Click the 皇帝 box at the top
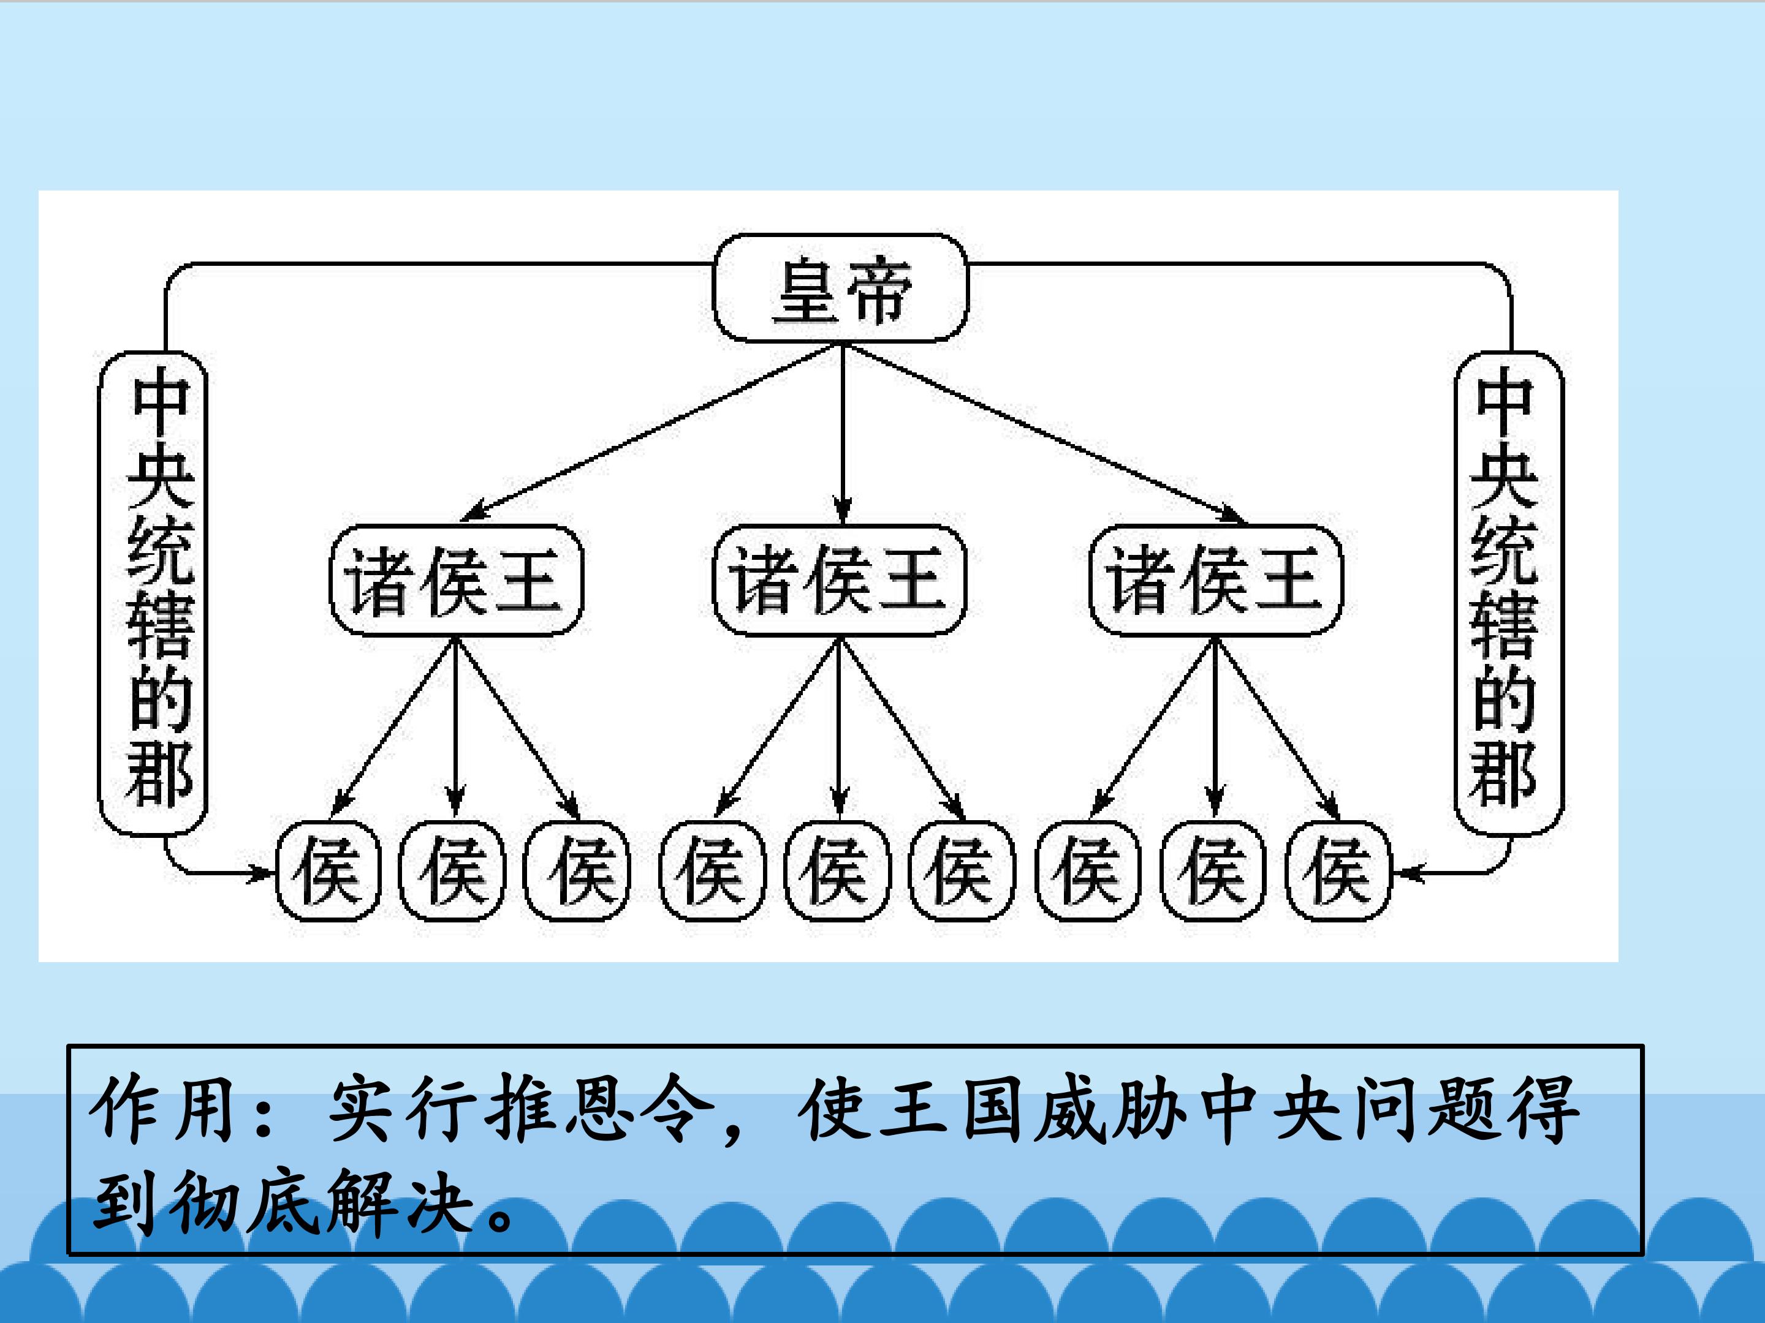click(x=840, y=288)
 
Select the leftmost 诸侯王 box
click(x=457, y=581)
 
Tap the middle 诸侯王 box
click(x=840, y=581)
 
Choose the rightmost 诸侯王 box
click(x=1216, y=581)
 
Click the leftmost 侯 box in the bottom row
click(x=328, y=871)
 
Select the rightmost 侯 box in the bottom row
click(x=1338, y=871)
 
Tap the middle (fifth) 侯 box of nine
click(x=837, y=871)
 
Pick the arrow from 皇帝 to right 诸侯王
click(x=1038, y=435)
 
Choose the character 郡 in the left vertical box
click(x=159, y=772)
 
